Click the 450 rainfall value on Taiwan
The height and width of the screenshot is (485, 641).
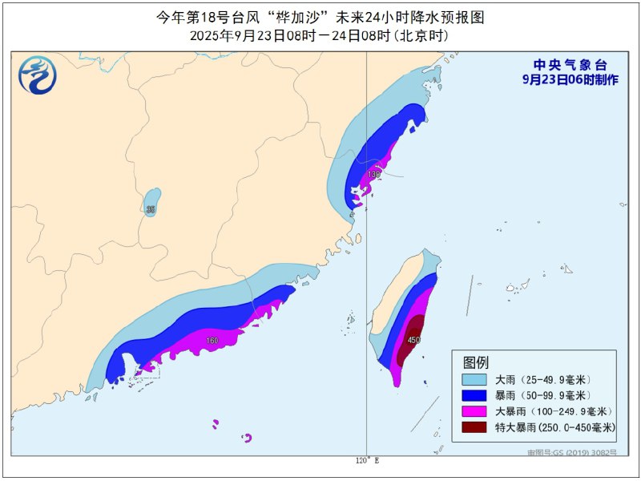pyautogui.click(x=413, y=340)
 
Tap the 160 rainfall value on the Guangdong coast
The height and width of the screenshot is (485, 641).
pyautogui.click(x=212, y=341)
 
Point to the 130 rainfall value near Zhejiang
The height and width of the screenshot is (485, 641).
pyautogui.click(x=374, y=174)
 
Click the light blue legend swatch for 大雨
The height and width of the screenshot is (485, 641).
pyautogui.click(x=475, y=379)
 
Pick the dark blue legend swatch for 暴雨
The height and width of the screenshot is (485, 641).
pyautogui.click(x=475, y=395)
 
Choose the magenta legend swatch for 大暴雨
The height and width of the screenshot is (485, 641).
pyautogui.click(x=475, y=411)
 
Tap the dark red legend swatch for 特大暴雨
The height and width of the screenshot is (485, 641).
pyautogui.click(x=475, y=428)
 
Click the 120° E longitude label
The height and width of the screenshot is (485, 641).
pyautogui.click(x=367, y=461)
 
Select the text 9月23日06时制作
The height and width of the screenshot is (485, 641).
pyautogui.click(x=570, y=80)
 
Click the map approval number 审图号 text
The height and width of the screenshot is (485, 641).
pyautogui.click(x=572, y=453)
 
